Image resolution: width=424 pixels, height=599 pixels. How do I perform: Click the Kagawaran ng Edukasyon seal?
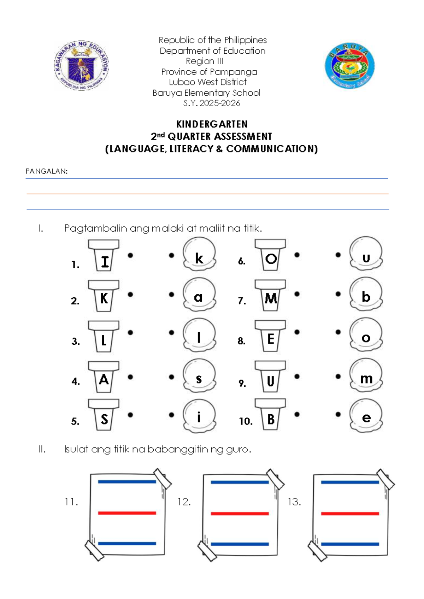point(81,66)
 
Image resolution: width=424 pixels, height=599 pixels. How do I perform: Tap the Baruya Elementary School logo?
point(349,66)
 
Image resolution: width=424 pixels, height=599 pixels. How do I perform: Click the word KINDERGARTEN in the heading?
point(212,124)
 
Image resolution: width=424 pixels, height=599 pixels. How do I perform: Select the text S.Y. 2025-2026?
point(212,103)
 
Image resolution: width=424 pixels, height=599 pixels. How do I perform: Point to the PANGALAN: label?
point(46,171)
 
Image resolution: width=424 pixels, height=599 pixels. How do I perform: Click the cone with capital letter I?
point(104,256)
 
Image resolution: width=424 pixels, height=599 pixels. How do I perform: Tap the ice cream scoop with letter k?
point(199,254)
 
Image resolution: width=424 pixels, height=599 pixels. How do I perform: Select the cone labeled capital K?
point(104,296)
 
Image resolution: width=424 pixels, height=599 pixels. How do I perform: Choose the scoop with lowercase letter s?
point(199,376)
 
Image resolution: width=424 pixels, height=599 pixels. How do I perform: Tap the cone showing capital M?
point(271,296)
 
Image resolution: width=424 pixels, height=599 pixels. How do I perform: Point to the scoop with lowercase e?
point(366,416)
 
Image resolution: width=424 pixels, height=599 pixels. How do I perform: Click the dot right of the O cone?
point(297,255)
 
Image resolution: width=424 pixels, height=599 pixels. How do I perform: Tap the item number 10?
point(246,421)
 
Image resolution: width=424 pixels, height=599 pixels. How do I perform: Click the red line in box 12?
point(240,514)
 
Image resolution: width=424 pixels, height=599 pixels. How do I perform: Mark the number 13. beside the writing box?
point(294,502)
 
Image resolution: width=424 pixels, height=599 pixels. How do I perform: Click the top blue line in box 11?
point(127,482)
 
